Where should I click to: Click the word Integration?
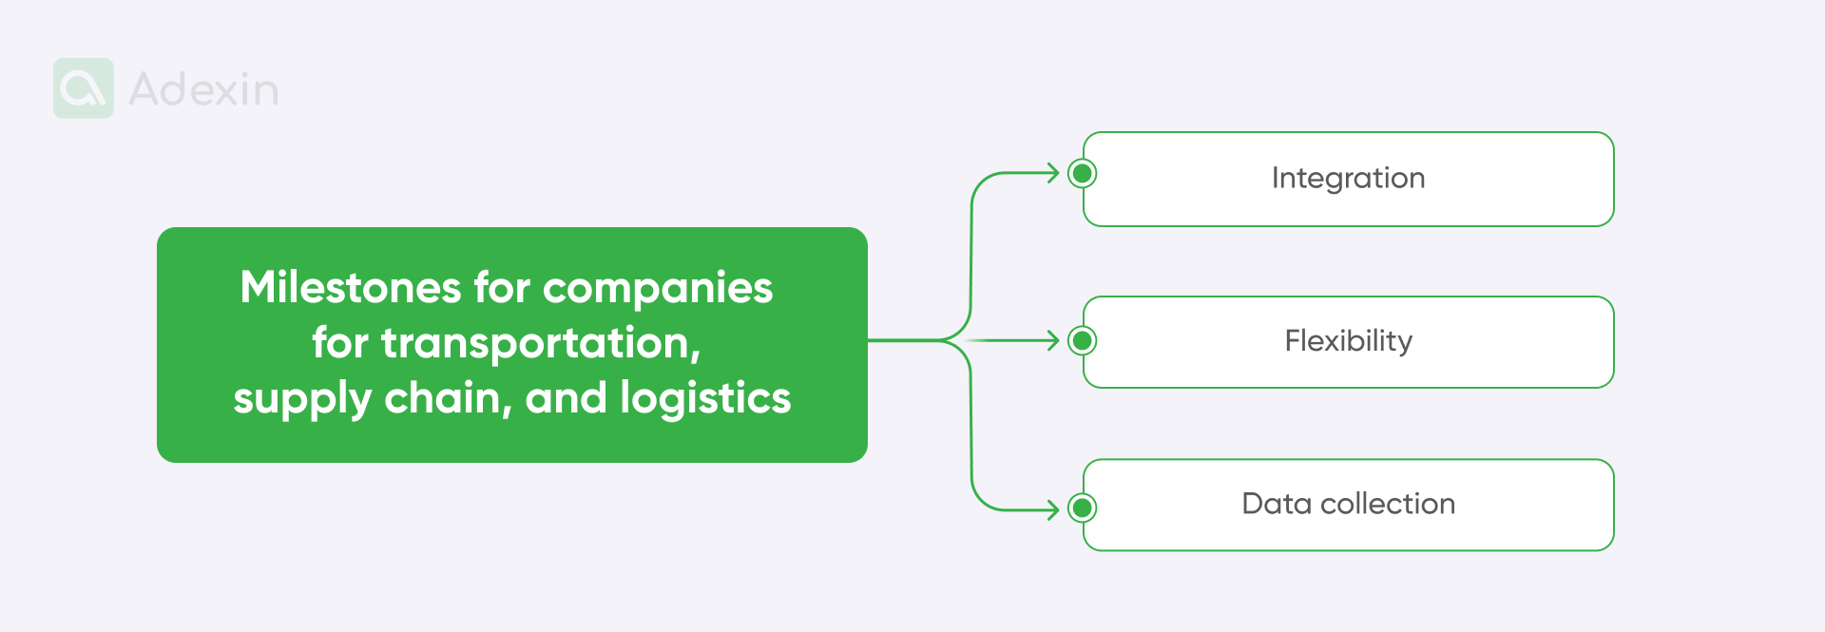click(1348, 178)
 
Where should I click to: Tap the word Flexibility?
click(1348, 340)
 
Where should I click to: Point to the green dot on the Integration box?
click(1082, 173)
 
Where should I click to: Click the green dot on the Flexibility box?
click(1082, 340)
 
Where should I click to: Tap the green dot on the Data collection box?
click(1082, 508)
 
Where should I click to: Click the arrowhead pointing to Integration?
click(1053, 173)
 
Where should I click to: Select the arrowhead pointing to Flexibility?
click(1053, 340)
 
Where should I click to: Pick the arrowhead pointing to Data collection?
click(1053, 510)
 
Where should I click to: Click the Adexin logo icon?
click(84, 88)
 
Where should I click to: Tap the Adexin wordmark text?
click(203, 89)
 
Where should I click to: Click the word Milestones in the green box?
click(351, 287)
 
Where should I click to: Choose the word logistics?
click(705, 397)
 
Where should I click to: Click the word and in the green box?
click(566, 397)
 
